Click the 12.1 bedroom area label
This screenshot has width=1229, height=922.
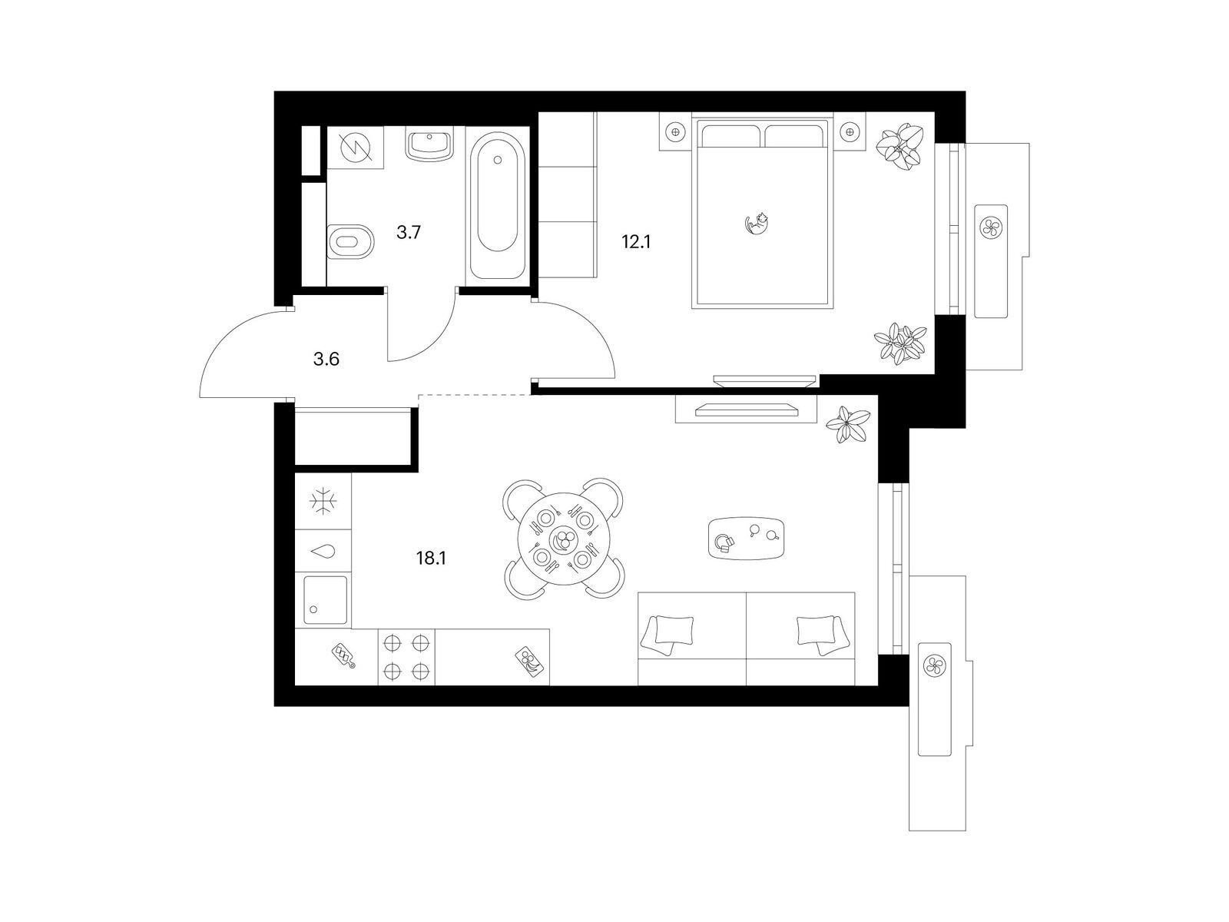636,242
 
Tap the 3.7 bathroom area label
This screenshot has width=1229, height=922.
408,232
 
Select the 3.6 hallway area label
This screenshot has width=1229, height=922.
326,359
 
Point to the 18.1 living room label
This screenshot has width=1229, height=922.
431,558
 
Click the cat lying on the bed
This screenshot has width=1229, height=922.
756,223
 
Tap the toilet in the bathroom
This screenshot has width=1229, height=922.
350,242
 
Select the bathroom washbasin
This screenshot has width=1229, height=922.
429,144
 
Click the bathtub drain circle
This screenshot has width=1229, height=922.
498,160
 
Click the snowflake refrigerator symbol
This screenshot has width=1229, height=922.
323,501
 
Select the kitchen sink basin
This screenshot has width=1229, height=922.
326,600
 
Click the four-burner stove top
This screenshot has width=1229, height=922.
406,657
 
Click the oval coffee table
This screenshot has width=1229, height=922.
746,538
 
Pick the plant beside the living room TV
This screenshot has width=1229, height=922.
848,424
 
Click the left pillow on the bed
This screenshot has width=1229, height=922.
730,135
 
